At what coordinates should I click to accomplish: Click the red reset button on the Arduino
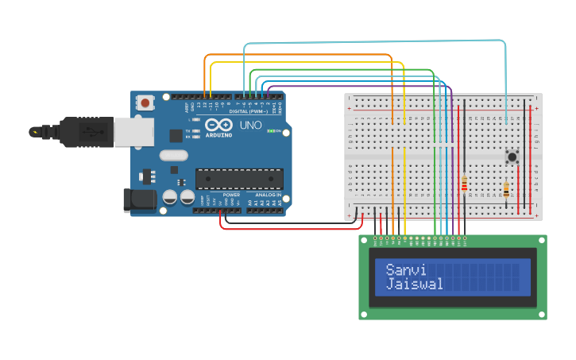point(145,103)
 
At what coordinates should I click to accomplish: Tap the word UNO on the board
point(251,126)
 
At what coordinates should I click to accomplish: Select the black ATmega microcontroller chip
point(239,180)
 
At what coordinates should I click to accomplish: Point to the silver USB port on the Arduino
point(133,132)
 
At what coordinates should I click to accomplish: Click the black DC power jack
point(140,199)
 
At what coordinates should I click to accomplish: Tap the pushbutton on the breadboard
point(512,157)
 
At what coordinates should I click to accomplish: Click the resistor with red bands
point(464,184)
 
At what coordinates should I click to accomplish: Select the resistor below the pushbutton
point(506,190)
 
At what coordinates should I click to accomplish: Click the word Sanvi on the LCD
point(405,269)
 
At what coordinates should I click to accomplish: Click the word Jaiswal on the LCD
point(414,284)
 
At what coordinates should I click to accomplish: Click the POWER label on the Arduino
point(231,195)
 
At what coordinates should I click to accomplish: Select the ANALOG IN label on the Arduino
point(268,195)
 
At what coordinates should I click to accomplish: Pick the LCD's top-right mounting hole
point(541,241)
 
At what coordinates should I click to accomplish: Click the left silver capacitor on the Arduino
point(169,197)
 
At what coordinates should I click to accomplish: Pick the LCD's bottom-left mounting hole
point(365,313)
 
